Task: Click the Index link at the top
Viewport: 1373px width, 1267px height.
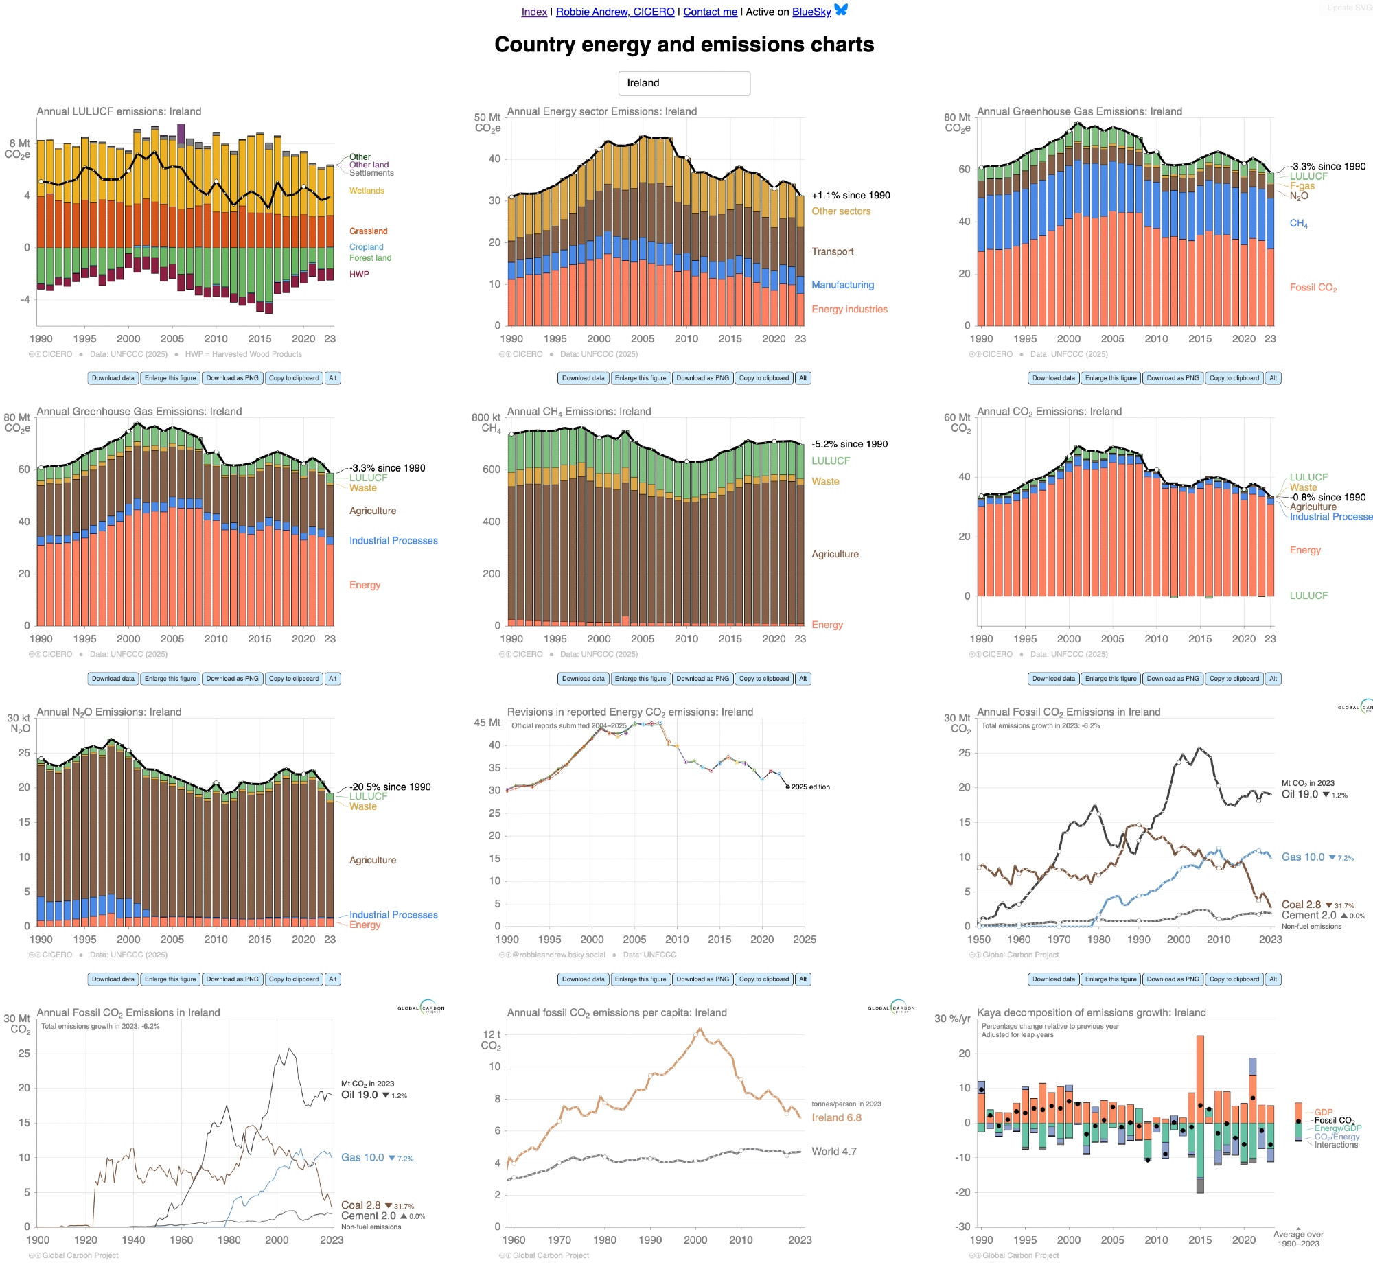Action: (x=534, y=12)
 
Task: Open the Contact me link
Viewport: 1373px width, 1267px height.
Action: (x=710, y=12)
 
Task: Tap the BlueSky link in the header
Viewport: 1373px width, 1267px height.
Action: (x=811, y=12)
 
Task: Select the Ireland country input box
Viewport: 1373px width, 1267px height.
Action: (x=684, y=83)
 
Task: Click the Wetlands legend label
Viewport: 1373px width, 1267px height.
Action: (x=367, y=191)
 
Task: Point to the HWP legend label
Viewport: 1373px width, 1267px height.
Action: (x=359, y=274)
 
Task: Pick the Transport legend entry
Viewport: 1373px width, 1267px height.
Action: (x=832, y=251)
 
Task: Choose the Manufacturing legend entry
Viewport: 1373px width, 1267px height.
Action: (x=842, y=285)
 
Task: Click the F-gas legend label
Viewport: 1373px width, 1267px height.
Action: (x=1302, y=186)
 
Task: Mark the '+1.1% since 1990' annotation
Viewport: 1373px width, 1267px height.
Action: (x=851, y=195)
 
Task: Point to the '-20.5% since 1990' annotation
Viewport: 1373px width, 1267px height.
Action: (x=390, y=787)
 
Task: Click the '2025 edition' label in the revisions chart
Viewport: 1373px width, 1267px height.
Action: (x=810, y=787)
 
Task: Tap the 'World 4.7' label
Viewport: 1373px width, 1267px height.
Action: (x=833, y=1151)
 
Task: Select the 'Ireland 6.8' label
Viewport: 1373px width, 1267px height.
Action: (x=836, y=1117)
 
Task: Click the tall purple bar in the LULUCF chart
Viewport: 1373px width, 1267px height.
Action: (x=181, y=134)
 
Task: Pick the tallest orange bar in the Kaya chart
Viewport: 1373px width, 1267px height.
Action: (x=1200, y=1078)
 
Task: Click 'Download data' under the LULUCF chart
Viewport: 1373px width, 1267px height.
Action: (x=113, y=378)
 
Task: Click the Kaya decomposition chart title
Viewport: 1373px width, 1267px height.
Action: (x=1091, y=1012)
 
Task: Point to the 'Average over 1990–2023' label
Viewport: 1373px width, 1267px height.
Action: (x=1298, y=1239)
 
